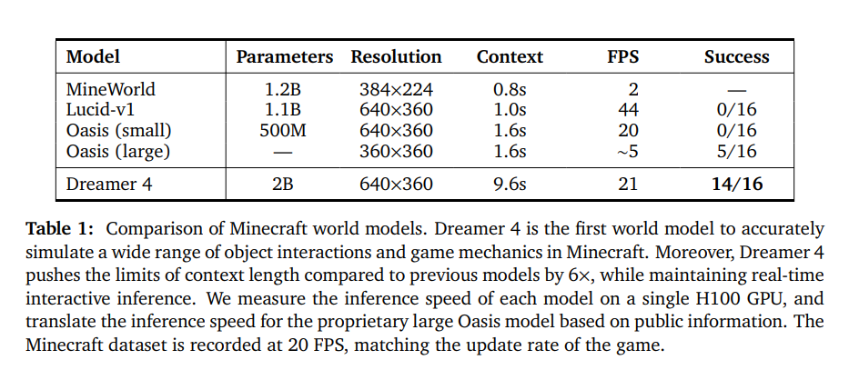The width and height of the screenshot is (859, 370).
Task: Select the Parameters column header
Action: [285, 57]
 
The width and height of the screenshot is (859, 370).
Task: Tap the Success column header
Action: [736, 57]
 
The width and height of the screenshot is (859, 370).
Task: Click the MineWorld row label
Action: [110, 90]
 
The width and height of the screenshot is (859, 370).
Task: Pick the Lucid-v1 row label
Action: [102, 110]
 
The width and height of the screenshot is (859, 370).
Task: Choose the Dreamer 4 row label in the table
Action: [108, 185]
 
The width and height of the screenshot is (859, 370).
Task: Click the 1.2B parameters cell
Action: [285, 90]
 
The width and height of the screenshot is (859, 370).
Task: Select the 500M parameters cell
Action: [285, 130]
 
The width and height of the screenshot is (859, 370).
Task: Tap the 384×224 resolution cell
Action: [396, 90]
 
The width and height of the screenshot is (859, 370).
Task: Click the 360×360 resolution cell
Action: [396, 150]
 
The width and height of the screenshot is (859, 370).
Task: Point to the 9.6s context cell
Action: [510, 185]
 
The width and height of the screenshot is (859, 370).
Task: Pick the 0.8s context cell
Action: [510, 90]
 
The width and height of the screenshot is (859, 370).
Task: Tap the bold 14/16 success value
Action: [736, 185]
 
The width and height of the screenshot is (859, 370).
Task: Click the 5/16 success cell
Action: [736, 150]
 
